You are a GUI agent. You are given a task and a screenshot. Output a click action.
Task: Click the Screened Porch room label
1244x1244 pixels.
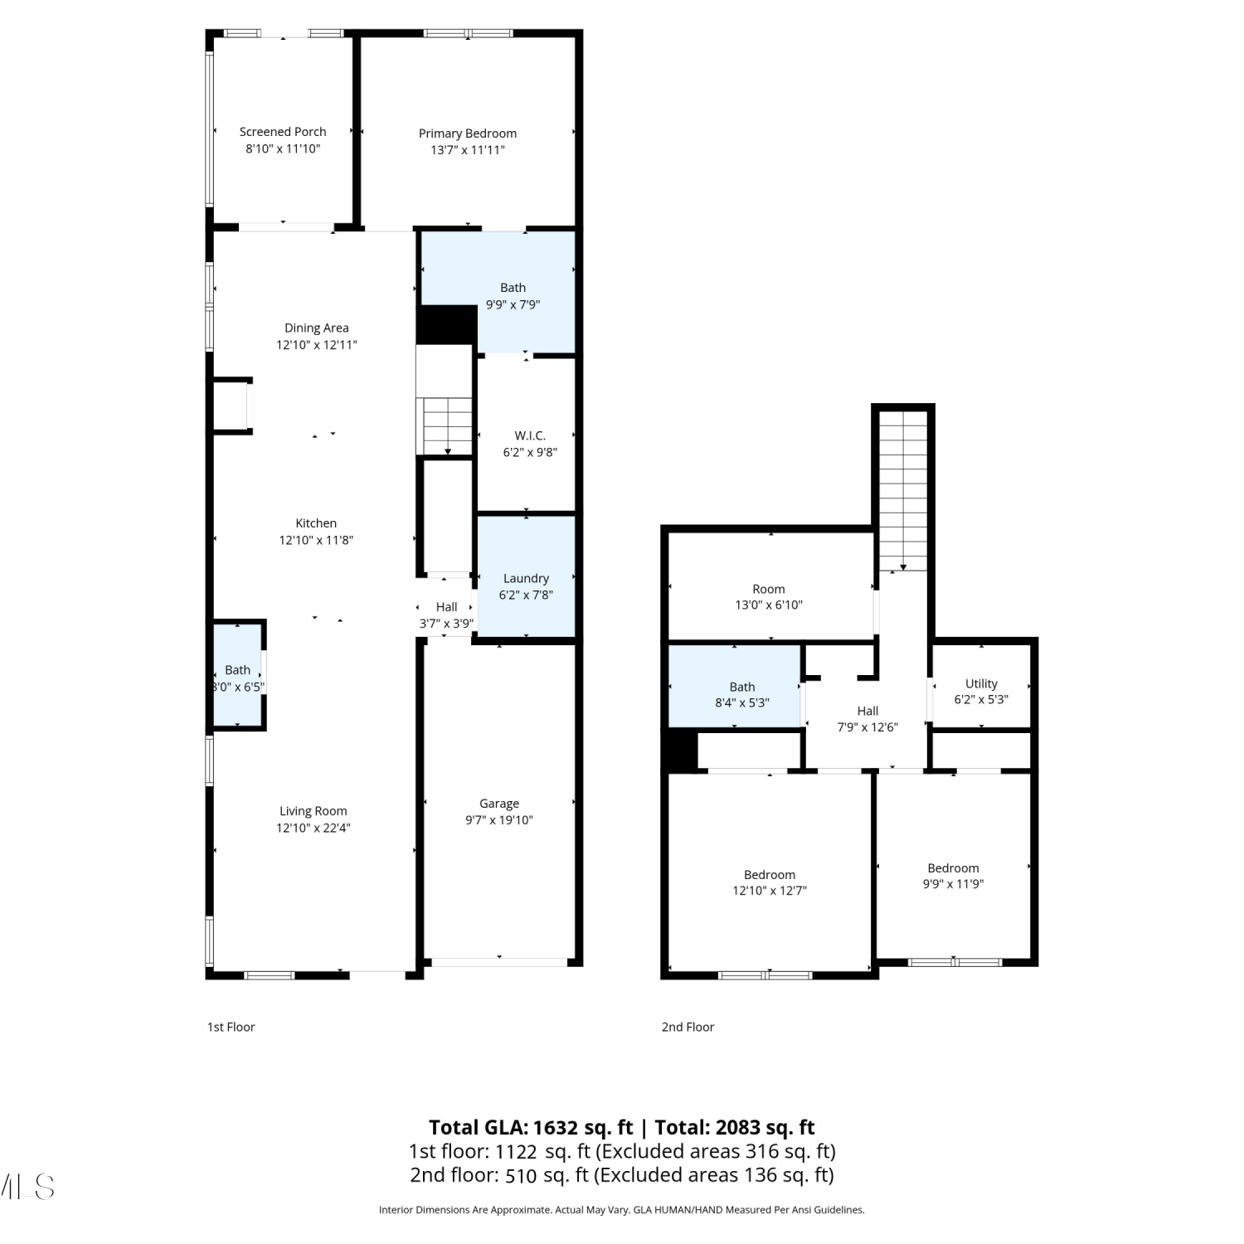(283, 132)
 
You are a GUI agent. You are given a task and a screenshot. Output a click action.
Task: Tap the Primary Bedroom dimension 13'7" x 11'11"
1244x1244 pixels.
(468, 150)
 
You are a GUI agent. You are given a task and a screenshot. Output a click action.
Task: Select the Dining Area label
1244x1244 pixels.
(317, 328)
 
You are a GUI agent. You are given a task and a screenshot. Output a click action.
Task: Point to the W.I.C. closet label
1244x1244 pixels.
(530, 435)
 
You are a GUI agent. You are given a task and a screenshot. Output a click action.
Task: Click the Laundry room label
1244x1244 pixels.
(526, 579)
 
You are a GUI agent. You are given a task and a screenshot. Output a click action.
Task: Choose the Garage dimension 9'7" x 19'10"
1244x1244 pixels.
(499, 820)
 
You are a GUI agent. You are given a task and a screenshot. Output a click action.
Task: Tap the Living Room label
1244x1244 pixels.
(313, 811)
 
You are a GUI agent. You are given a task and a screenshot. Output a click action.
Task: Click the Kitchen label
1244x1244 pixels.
(316, 523)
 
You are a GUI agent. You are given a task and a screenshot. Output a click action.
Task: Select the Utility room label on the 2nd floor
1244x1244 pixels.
(981, 684)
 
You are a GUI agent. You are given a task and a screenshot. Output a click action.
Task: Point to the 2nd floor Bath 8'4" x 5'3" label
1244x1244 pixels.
(742, 695)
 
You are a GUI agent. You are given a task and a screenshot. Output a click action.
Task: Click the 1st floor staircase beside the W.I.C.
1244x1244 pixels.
(448, 426)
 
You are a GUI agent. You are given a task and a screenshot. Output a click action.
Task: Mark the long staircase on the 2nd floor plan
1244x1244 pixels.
(903, 490)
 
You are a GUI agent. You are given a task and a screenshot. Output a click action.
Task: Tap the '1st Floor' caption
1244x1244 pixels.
(231, 1027)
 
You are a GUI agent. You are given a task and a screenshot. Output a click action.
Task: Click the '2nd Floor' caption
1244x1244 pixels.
(688, 1027)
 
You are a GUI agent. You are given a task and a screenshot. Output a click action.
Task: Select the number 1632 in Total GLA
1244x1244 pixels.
(555, 1127)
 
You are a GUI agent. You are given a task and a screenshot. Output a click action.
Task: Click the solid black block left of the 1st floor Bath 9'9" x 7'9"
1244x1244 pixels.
(446, 325)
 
